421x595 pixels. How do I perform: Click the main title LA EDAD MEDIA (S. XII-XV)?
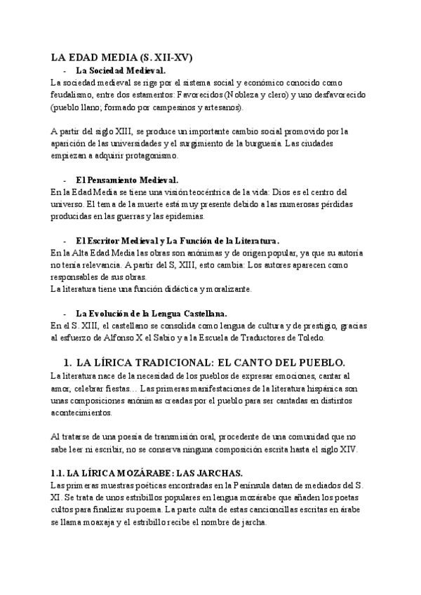(123, 58)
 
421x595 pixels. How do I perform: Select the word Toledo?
(309, 338)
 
